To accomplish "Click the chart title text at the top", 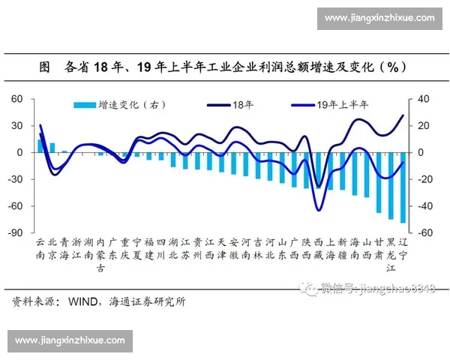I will [x=224, y=66].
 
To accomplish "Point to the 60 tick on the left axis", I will [x=17, y=99].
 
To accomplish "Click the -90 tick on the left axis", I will [x=16, y=233].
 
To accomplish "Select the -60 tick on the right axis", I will [x=424, y=233].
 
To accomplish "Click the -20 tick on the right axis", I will [x=424, y=179].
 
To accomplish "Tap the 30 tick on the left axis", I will [x=17, y=126].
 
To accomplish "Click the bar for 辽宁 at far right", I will [x=403, y=187].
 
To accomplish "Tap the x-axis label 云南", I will [x=40, y=249].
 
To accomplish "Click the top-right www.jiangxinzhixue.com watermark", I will [x=381, y=17].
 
